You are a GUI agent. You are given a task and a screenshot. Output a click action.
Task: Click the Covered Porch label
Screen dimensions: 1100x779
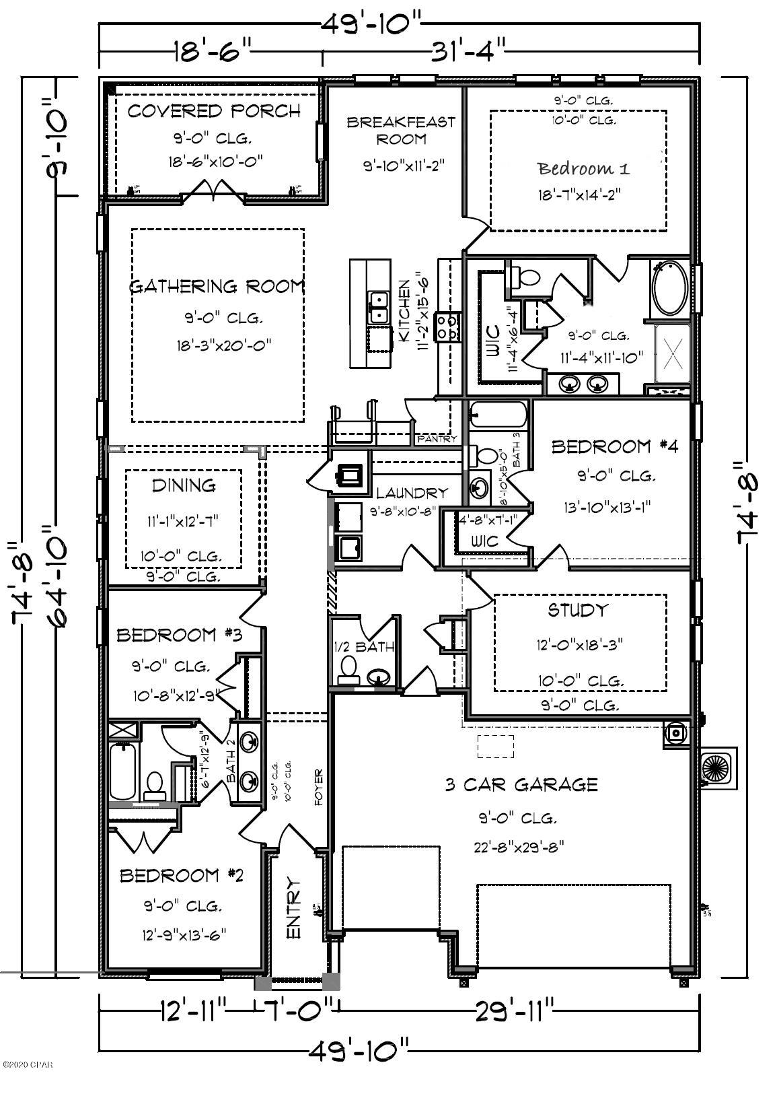pos(214,111)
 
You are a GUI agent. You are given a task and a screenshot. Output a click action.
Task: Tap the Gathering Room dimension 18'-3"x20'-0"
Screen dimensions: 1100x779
pos(217,346)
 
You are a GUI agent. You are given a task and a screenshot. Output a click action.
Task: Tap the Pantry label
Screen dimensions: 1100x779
pos(437,439)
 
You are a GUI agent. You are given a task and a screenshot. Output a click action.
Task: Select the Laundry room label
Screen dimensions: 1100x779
pos(411,493)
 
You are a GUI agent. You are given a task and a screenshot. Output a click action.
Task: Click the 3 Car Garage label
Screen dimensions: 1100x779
pos(521,784)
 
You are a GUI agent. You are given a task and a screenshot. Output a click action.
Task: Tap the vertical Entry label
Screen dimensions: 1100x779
pos(294,908)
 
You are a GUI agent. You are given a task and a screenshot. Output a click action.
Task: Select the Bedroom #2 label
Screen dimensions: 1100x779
pos(181,875)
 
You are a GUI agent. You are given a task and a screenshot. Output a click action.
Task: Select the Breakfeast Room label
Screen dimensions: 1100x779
pos(401,131)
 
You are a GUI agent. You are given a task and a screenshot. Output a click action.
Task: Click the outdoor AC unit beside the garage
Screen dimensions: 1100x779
pos(718,767)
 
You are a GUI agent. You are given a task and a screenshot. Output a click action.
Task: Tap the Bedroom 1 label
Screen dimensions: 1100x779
pos(583,168)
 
